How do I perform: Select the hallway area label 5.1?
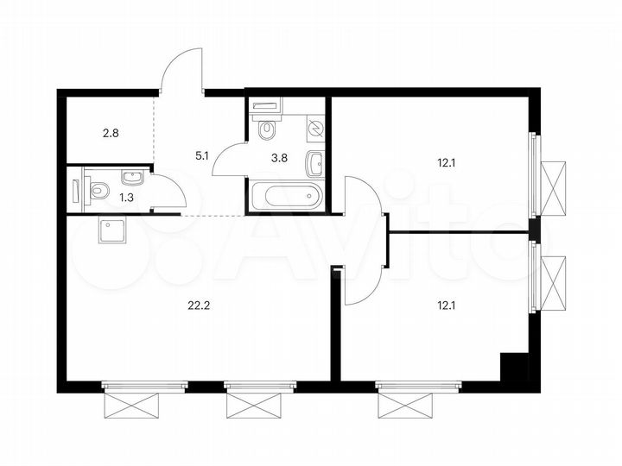(201, 156)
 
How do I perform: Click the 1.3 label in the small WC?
(103, 197)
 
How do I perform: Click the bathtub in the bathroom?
(286, 196)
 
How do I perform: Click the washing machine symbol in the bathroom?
(314, 129)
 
